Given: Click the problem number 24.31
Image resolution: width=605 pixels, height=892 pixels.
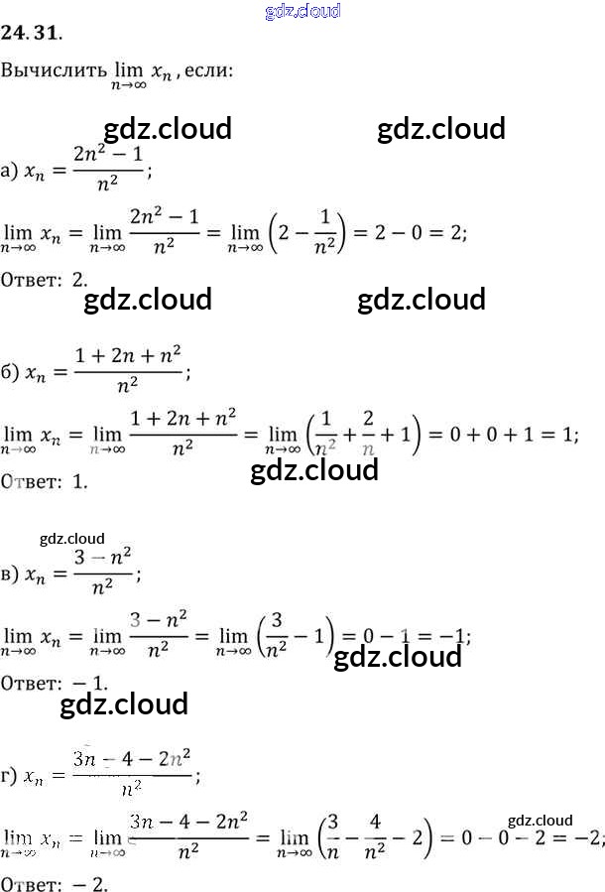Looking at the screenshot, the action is point(32,34).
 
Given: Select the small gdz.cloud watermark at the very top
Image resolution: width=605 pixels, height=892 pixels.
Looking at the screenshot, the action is point(303,11).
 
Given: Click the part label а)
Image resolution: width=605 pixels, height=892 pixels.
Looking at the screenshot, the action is point(10,172).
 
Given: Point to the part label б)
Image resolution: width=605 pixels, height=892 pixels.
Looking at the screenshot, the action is point(10,372).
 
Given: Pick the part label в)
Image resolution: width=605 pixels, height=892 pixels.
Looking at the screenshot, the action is point(10,574).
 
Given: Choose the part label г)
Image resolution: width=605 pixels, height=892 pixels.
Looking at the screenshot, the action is point(10,776).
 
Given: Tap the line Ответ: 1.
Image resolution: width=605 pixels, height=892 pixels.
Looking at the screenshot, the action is point(46,482).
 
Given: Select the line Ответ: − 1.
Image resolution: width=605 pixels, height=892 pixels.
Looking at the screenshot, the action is point(54,684).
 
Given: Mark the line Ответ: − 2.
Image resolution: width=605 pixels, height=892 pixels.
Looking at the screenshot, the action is point(54,884).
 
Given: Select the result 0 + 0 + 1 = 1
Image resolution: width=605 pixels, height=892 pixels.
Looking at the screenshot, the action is point(501,434).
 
